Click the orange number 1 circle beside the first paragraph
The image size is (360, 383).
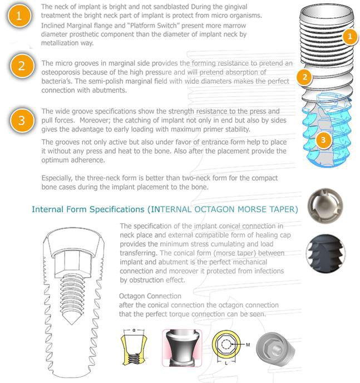(x=19, y=16)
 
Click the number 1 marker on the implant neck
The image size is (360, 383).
(x=349, y=37)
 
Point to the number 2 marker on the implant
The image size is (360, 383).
(x=304, y=77)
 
